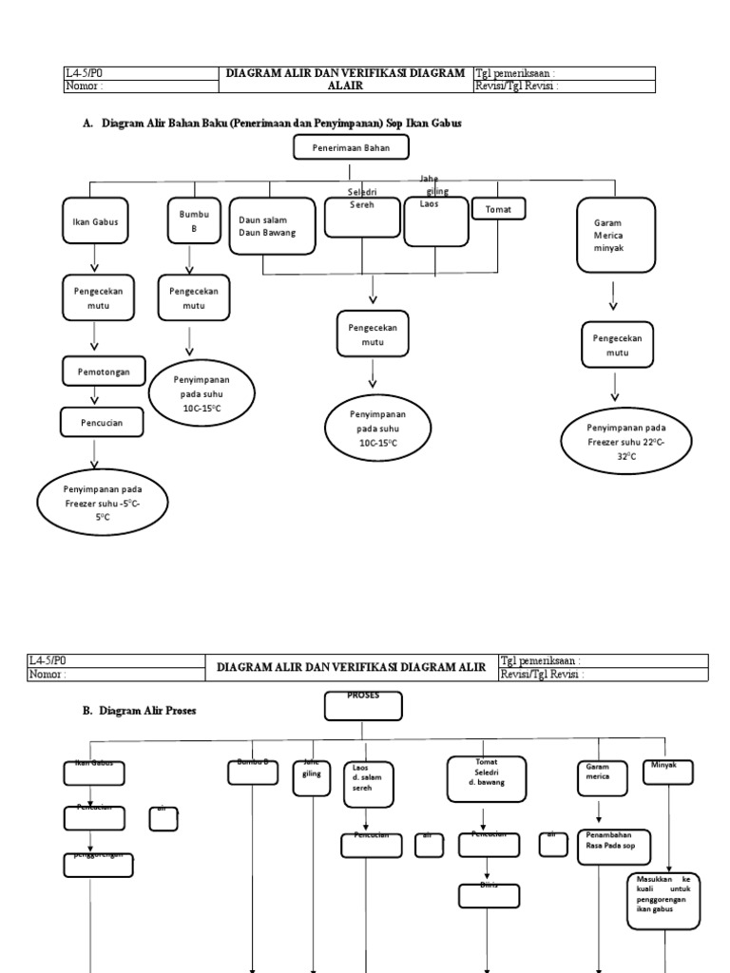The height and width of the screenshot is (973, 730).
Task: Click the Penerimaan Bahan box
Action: point(350,147)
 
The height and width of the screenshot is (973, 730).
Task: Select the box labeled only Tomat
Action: point(498,209)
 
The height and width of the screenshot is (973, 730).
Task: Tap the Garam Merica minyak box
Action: point(617,234)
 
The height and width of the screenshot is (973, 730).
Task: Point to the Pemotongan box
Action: point(103,372)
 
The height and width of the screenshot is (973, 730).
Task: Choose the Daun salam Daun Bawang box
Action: point(272,226)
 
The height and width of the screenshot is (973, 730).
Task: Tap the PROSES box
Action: point(363,706)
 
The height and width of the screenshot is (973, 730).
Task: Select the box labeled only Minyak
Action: point(667,772)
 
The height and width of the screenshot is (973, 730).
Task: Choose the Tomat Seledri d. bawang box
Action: point(486,778)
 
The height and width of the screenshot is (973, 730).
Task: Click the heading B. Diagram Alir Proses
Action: point(140,710)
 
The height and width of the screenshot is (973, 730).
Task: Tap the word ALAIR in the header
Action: point(345,86)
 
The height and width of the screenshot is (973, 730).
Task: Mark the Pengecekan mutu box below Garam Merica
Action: point(618,345)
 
